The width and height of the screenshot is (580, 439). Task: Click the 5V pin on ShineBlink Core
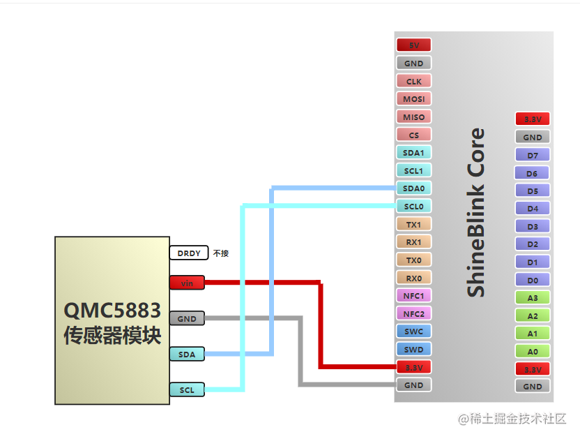(413, 45)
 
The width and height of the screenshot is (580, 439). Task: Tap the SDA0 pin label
(413, 188)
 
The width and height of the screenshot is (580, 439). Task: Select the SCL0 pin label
(413, 207)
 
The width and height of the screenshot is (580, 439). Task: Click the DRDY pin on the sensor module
(188, 253)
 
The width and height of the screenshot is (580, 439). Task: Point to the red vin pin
(187, 283)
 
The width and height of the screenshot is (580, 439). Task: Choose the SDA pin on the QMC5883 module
(187, 355)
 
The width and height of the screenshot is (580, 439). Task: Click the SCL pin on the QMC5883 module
(187, 390)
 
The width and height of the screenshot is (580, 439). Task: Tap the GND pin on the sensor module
(187, 319)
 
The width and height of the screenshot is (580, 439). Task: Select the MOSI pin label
(413, 99)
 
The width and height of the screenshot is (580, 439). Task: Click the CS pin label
(413, 135)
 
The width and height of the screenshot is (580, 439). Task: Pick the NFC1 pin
(413, 295)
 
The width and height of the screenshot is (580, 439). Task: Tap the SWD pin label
(413, 349)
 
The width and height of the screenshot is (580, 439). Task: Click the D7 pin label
(533, 155)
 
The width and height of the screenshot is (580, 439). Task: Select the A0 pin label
(533, 351)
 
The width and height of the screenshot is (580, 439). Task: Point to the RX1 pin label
(413, 242)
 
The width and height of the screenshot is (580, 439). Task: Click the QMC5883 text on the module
(112, 310)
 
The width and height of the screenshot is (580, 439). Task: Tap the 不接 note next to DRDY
(221, 253)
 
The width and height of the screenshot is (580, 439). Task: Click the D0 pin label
(533, 280)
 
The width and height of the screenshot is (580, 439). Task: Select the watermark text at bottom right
(512, 419)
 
